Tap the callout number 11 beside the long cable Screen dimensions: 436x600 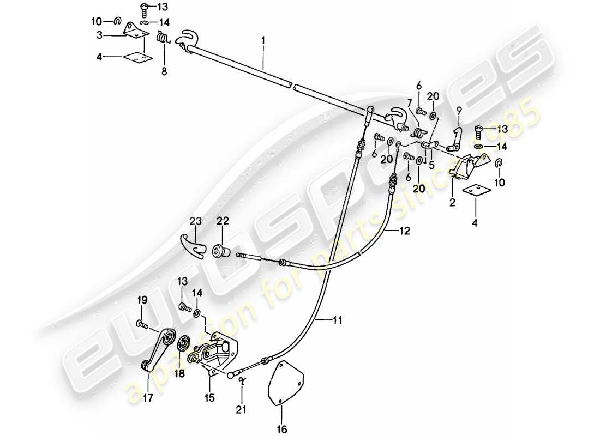(338, 322)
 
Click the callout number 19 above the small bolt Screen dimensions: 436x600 (142, 300)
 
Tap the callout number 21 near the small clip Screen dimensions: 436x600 (241, 409)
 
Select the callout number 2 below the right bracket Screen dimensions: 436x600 (452, 203)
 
